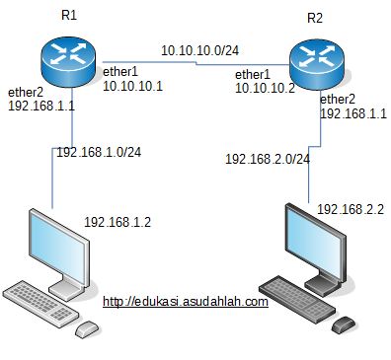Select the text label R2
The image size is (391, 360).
pos(315,18)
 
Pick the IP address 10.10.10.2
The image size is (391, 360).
pos(265,88)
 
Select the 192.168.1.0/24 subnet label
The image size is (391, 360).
pos(98,153)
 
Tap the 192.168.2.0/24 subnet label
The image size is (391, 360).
pos(268,158)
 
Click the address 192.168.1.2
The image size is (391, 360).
pos(117,222)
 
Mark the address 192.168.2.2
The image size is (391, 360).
pos(350,210)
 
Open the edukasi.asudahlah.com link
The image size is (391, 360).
pos(185,302)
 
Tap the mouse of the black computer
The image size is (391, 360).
pos(344,324)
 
